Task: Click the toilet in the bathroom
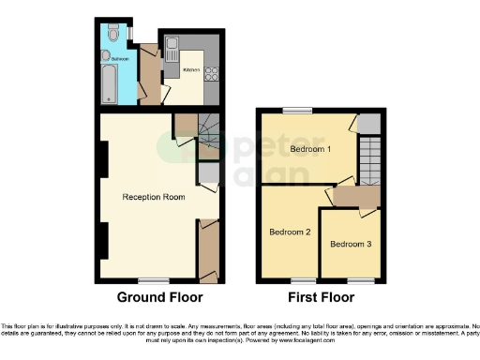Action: coord(112,34)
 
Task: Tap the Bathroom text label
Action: coord(122,58)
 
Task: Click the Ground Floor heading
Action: coord(159,298)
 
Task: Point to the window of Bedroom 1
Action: coord(298,111)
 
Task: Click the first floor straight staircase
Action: coord(369,158)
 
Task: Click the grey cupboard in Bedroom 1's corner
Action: coord(370,123)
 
